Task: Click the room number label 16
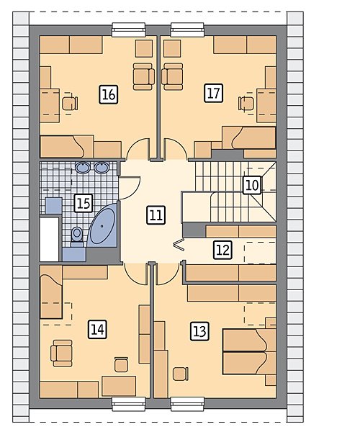[x=109, y=95]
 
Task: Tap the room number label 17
[x=213, y=93]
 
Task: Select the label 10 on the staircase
[x=252, y=185]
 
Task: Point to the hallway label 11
[x=156, y=215]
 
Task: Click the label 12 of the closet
[x=222, y=250]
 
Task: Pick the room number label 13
[x=199, y=331]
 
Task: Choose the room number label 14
[x=97, y=330]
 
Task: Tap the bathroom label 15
[x=84, y=203]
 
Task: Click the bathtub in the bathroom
[x=102, y=226]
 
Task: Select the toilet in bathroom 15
[x=77, y=237]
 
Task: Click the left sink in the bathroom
[x=83, y=168]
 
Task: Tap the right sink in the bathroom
[x=102, y=168]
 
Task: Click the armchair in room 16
[x=144, y=76]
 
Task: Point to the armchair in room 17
[x=172, y=76]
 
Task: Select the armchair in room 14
[x=62, y=353]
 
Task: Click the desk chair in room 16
[x=70, y=104]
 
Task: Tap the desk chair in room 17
[x=246, y=104]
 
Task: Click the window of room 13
[x=187, y=404]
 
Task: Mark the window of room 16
[x=129, y=30]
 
